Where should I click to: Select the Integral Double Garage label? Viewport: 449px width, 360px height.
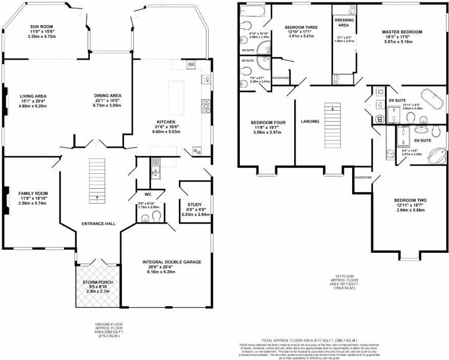tap(172, 262)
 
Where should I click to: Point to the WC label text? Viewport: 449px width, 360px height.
tap(148, 195)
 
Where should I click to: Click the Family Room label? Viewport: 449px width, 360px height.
tap(33, 194)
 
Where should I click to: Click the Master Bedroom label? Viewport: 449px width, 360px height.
tap(402, 32)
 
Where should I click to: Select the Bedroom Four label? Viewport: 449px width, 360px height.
tap(268, 123)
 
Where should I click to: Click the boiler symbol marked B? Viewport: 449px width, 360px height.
tap(379, 119)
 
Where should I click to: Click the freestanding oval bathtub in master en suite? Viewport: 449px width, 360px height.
tap(431, 99)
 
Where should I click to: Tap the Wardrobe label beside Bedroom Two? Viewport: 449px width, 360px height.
tap(362, 177)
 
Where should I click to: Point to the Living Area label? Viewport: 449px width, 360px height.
tap(33, 96)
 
